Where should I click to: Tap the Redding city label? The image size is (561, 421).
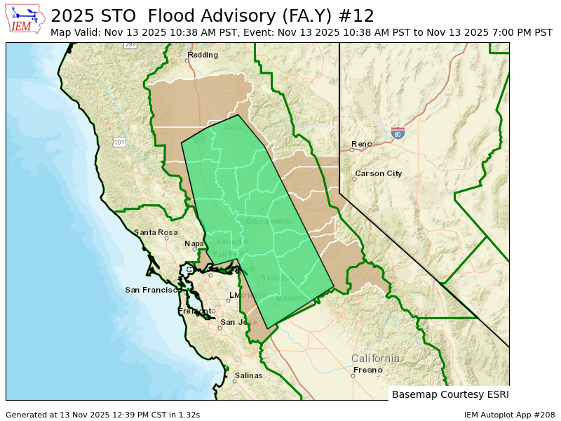click(x=203, y=55)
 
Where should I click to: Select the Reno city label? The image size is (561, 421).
click(x=362, y=144)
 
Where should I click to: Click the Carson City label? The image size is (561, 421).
click(x=378, y=173)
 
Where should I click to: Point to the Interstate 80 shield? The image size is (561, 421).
click(x=398, y=133)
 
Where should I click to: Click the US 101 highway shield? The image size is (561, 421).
click(x=119, y=142)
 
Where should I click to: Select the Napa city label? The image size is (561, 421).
click(x=194, y=244)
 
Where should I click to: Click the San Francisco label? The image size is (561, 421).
click(x=151, y=290)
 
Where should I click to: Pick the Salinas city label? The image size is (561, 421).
click(x=248, y=375)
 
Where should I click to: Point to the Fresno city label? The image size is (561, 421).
click(x=367, y=370)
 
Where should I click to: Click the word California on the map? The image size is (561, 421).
click(x=375, y=359)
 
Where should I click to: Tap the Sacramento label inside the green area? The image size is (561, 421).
click(x=269, y=221)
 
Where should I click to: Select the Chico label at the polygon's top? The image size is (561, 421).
click(x=234, y=127)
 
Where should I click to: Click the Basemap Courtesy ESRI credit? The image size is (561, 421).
click(x=450, y=394)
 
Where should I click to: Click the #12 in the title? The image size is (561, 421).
click(x=359, y=15)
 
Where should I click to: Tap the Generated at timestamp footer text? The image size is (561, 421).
click(x=102, y=415)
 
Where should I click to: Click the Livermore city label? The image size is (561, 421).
click(x=248, y=295)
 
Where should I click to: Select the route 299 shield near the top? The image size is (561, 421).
click(x=130, y=44)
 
